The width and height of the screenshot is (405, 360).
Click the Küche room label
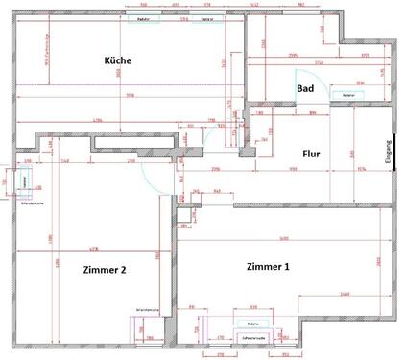point(118,60)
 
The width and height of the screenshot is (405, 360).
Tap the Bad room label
point(305,88)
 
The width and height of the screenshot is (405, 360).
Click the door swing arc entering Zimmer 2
point(150,173)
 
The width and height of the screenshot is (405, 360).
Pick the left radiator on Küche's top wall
point(144,18)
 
